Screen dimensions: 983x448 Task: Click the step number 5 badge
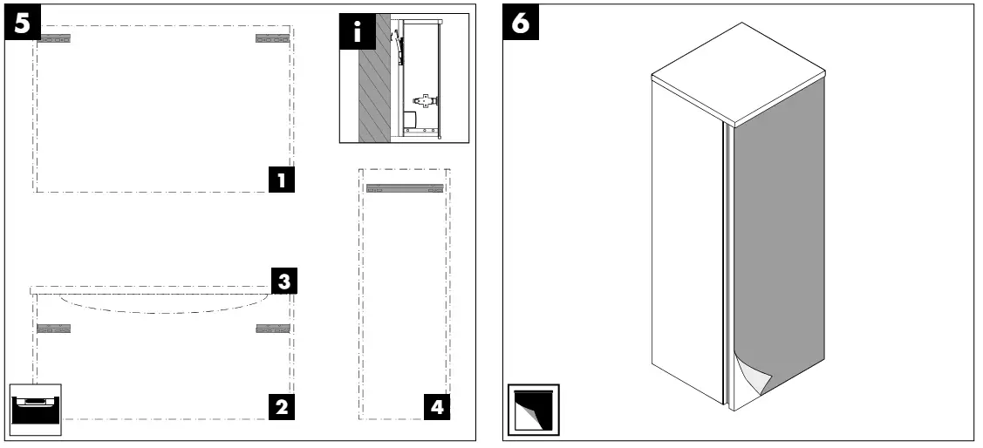pos(23,22)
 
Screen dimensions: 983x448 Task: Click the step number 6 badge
pos(521,22)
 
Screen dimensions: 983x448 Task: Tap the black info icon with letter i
pos(358,31)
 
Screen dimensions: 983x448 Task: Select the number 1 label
pos(282,180)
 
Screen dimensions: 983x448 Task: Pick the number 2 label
pos(282,407)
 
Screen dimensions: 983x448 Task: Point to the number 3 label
pos(284,282)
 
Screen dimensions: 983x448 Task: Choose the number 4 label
pos(437,407)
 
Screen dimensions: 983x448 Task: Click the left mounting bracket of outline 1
pos(54,39)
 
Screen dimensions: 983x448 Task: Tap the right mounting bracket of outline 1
pos(273,39)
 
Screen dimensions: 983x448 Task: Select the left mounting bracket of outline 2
pos(54,329)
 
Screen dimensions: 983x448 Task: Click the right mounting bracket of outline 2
pos(273,329)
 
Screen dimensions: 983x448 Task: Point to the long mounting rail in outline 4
pos(405,188)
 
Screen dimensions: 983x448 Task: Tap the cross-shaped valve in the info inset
pos(425,99)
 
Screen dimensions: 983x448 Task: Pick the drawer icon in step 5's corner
pos(36,409)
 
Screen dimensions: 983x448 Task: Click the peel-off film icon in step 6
pos(533,410)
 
